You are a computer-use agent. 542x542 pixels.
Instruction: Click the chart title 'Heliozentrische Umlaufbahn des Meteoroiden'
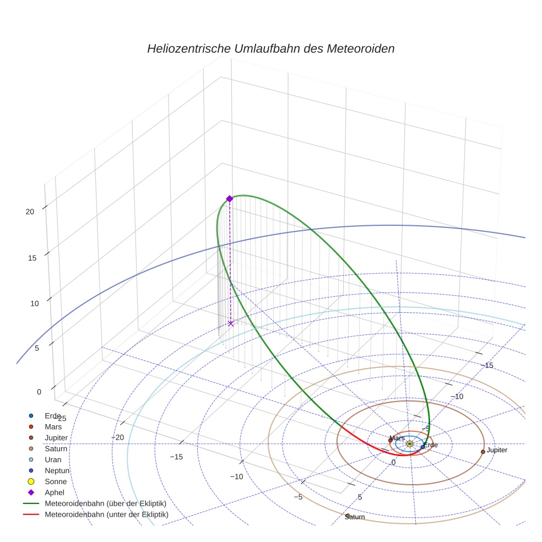click(270, 48)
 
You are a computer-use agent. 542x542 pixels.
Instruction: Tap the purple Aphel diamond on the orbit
click(230, 199)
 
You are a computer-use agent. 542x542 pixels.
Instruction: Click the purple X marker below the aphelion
click(230, 323)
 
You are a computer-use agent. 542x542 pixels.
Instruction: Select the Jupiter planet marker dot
click(483, 452)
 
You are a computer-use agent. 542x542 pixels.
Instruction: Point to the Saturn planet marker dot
click(348, 516)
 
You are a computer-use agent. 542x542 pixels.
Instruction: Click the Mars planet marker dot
click(391, 441)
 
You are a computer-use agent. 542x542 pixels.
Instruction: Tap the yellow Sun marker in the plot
click(409, 443)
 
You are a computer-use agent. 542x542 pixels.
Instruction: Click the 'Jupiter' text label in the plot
click(497, 450)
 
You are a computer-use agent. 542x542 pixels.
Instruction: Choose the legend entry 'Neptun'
click(57, 470)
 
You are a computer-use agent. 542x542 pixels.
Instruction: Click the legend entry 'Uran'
click(53, 459)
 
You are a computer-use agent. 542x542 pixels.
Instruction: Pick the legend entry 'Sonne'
click(56, 481)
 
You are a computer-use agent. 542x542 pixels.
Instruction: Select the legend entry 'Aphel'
click(55, 492)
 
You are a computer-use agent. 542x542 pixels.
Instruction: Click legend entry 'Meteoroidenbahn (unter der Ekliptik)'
click(106, 514)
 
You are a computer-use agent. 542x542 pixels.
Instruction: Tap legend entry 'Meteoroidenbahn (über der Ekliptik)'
click(105, 503)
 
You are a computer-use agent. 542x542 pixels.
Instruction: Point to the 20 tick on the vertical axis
click(30, 212)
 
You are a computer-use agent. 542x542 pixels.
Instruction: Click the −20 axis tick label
click(117, 437)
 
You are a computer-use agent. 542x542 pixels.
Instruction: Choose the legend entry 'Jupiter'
click(56, 437)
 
